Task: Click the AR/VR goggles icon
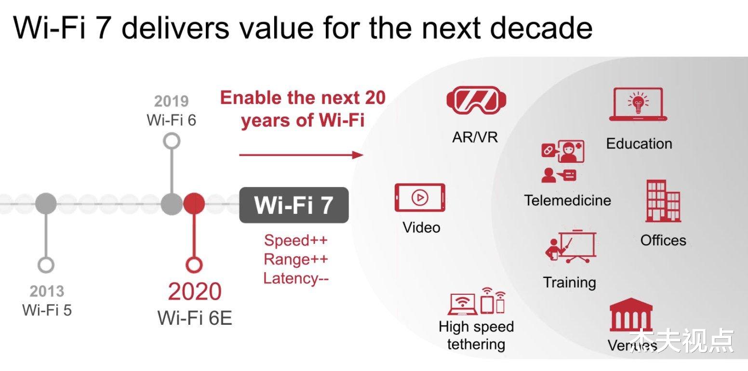pyautogui.click(x=476, y=100)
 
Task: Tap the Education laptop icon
pyautogui.click(x=638, y=105)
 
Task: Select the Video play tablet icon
pyautogui.click(x=419, y=198)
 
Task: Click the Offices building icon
pyautogui.click(x=663, y=201)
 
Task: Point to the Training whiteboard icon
pyautogui.click(x=571, y=247)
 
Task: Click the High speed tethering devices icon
pyautogui.click(x=477, y=301)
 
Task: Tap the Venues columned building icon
pyautogui.click(x=631, y=315)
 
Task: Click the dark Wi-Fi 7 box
pyautogui.click(x=294, y=205)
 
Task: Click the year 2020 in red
pyautogui.click(x=195, y=291)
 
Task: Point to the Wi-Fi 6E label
pyautogui.click(x=195, y=318)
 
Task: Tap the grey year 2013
pyautogui.click(x=47, y=291)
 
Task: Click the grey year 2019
pyautogui.click(x=172, y=101)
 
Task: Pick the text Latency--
pyautogui.click(x=296, y=278)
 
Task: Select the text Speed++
pyautogui.click(x=296, y=240)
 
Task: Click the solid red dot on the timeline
pyautogui.click(x=194, y=204)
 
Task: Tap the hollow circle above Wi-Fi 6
pyautogui.click(x=172, y=141)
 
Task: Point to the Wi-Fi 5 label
pyautogui.click(x=47, y=310)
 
